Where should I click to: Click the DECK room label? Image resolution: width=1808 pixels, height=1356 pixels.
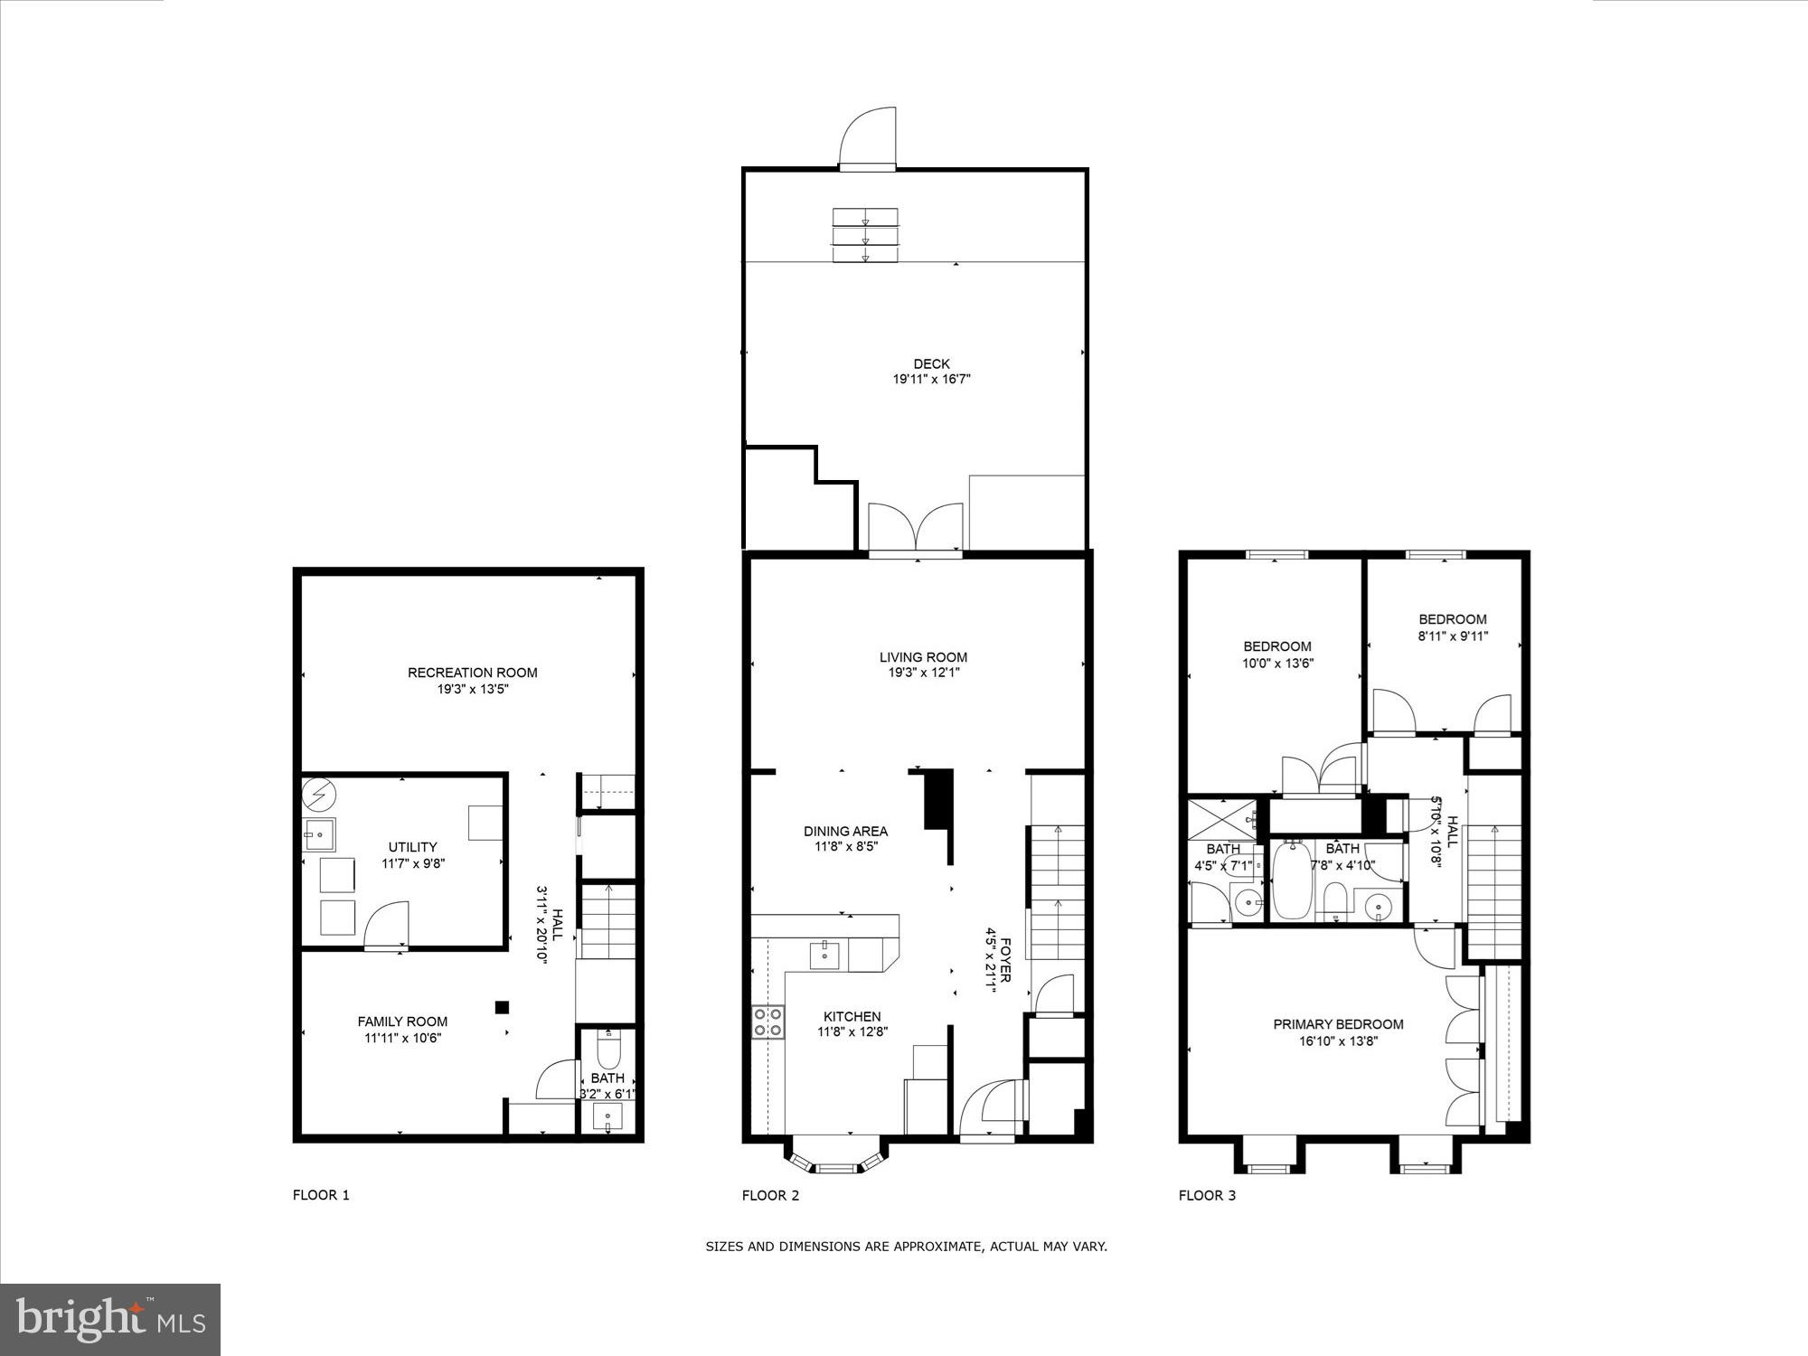tap(931, 364)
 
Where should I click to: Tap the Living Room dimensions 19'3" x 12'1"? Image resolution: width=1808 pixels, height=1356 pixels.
tap(923, 673)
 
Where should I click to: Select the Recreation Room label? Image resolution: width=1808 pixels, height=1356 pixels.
tap(472, 673)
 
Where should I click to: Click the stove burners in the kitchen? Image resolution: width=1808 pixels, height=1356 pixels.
tap(768, 1022)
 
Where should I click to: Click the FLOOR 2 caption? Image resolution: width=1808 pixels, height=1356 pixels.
tap(770, 1195)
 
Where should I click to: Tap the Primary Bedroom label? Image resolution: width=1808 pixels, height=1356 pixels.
tap(1338, 1024)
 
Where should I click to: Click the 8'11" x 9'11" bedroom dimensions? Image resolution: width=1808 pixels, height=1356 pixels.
tap(1453, 636)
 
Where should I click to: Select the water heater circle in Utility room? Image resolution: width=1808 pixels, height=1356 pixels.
tap(318, 794)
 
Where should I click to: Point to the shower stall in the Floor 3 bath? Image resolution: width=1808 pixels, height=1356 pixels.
tap(1225, 817)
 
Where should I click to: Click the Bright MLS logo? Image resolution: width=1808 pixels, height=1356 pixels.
tap(110, 1320)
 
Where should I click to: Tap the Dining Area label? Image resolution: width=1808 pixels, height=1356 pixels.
tap(845, 831)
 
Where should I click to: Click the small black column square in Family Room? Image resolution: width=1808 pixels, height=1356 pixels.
tap(503, 1008)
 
